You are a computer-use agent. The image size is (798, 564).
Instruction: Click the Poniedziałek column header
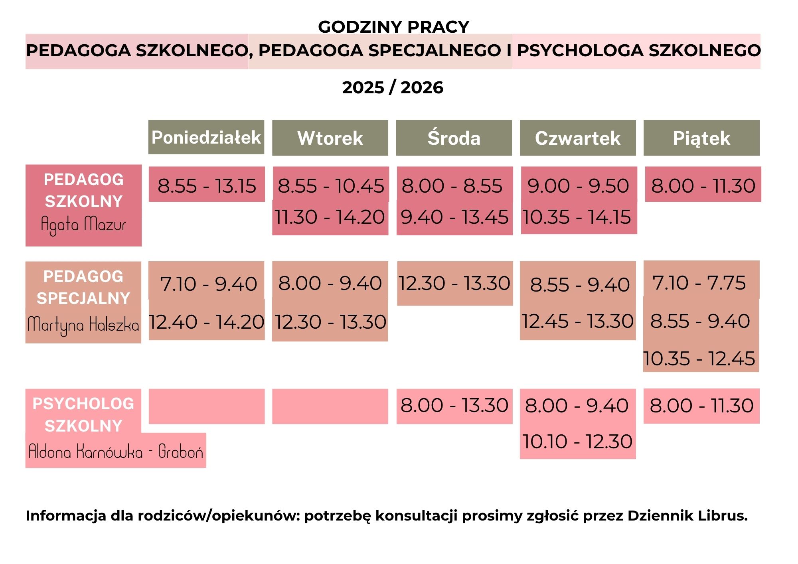[206, 137]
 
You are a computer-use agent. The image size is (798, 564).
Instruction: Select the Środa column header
[454, 138]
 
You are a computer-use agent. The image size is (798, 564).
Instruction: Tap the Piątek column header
[701, 138]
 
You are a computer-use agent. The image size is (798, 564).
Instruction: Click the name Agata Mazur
[83, 224]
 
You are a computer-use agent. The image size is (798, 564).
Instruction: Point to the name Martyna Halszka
[83, 325]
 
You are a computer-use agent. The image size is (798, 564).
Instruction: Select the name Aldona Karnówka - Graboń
[116, 452]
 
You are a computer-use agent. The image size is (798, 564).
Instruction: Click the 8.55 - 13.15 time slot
[207, 185]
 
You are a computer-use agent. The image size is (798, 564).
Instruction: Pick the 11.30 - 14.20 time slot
[330, 217]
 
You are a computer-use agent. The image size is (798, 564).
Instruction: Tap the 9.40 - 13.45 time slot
[454, 217]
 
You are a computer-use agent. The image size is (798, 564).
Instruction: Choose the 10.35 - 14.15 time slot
[577, 217]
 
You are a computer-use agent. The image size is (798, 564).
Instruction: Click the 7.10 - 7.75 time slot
[699, 283]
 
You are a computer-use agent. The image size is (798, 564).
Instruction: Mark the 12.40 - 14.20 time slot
[207, 321]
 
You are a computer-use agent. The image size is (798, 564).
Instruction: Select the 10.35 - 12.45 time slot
[699, 358]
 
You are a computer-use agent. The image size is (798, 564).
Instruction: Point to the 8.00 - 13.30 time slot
[454, 405]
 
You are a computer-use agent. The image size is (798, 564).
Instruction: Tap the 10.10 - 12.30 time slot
[577, 441]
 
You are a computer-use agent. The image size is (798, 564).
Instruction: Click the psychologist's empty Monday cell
[207, 406]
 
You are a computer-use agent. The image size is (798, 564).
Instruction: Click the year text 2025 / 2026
[393, 87]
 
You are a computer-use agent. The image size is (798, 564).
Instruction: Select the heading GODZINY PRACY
[393, 27]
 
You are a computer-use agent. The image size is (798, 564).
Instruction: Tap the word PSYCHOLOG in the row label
[83, 404]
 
